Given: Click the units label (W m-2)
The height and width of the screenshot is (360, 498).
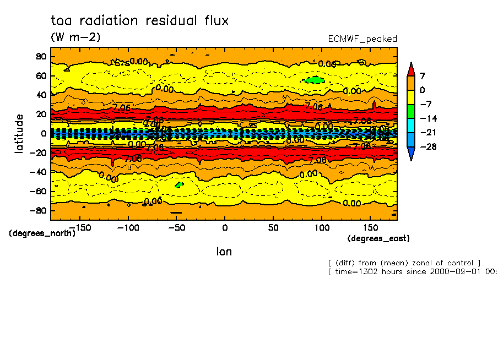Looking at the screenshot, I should click(x=75, y=37).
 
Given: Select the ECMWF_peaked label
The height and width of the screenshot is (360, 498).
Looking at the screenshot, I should click(x=362, y=39).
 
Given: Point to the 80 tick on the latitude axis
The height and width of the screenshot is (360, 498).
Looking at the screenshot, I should click(x=40, y=56).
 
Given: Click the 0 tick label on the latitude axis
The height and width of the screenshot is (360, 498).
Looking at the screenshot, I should click(x=43, y=133).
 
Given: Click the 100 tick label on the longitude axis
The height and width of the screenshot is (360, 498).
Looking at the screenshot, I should click(x=322, y=227).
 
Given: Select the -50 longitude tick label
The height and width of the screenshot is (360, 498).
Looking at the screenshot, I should click(x=176, y=227).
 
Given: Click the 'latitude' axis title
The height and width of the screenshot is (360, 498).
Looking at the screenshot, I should click(x=20, y=133).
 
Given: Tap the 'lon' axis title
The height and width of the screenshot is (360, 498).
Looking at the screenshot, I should click(x=224, y=252).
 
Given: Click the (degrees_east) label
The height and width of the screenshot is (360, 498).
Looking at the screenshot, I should click(x=378, y=238).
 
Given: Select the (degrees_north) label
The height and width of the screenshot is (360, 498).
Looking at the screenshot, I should click(x=42, y=233).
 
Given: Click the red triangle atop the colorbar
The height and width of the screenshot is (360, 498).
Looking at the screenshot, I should click(x=410, y=68).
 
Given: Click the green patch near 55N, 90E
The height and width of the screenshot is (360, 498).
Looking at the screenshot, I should click(x=315, y=80).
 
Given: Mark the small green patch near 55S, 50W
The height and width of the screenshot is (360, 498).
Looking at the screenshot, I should click(x=178, y=185).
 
